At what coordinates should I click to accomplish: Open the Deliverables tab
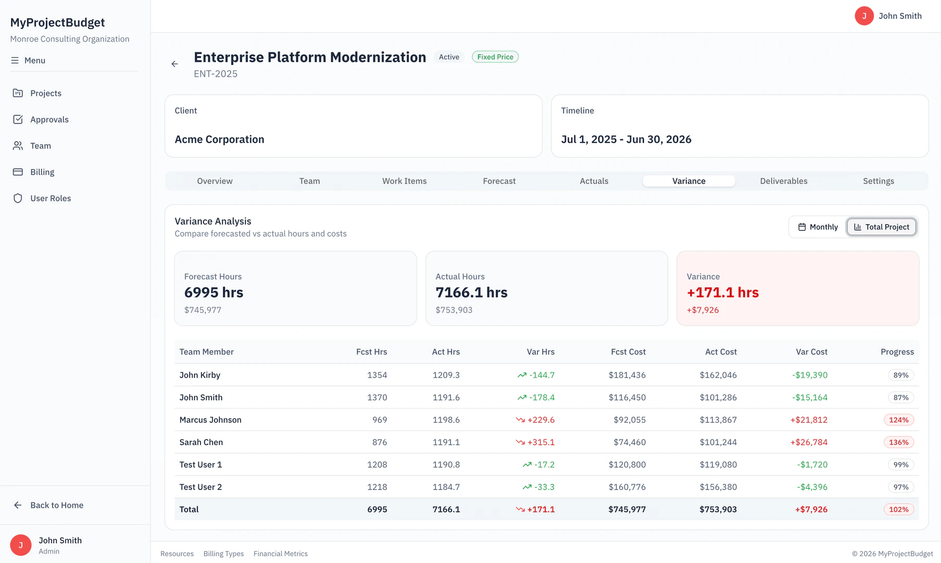click(783, 181)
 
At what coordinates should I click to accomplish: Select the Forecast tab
click(499, 181)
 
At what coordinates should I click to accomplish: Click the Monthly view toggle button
click(818, 227)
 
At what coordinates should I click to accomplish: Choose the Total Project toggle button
click(881, 227)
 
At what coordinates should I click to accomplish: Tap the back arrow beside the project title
click(174, 64)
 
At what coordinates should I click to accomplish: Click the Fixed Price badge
click(495, 57)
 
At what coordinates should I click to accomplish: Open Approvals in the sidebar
click(49, 119)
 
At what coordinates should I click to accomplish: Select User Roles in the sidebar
click(50, 198)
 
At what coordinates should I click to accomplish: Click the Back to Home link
click(56, 505)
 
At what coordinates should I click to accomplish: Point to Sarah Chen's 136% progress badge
click(898, 442)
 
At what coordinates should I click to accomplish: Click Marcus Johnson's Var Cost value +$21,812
click(808, 420)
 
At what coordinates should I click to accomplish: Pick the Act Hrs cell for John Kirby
click(446, 375)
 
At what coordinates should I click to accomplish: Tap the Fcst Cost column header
click(628, 352)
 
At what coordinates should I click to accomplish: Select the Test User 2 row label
click(200, 487)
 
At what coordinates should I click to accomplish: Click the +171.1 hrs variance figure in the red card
click(722, 292)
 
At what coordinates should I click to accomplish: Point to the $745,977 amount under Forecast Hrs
click(203, 310)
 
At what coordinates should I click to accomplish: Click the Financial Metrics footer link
click(280, 554)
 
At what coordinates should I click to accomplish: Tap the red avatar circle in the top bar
click(864, 16)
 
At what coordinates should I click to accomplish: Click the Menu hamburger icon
click(15, 60)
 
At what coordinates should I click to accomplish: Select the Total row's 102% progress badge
click(898, 509)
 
